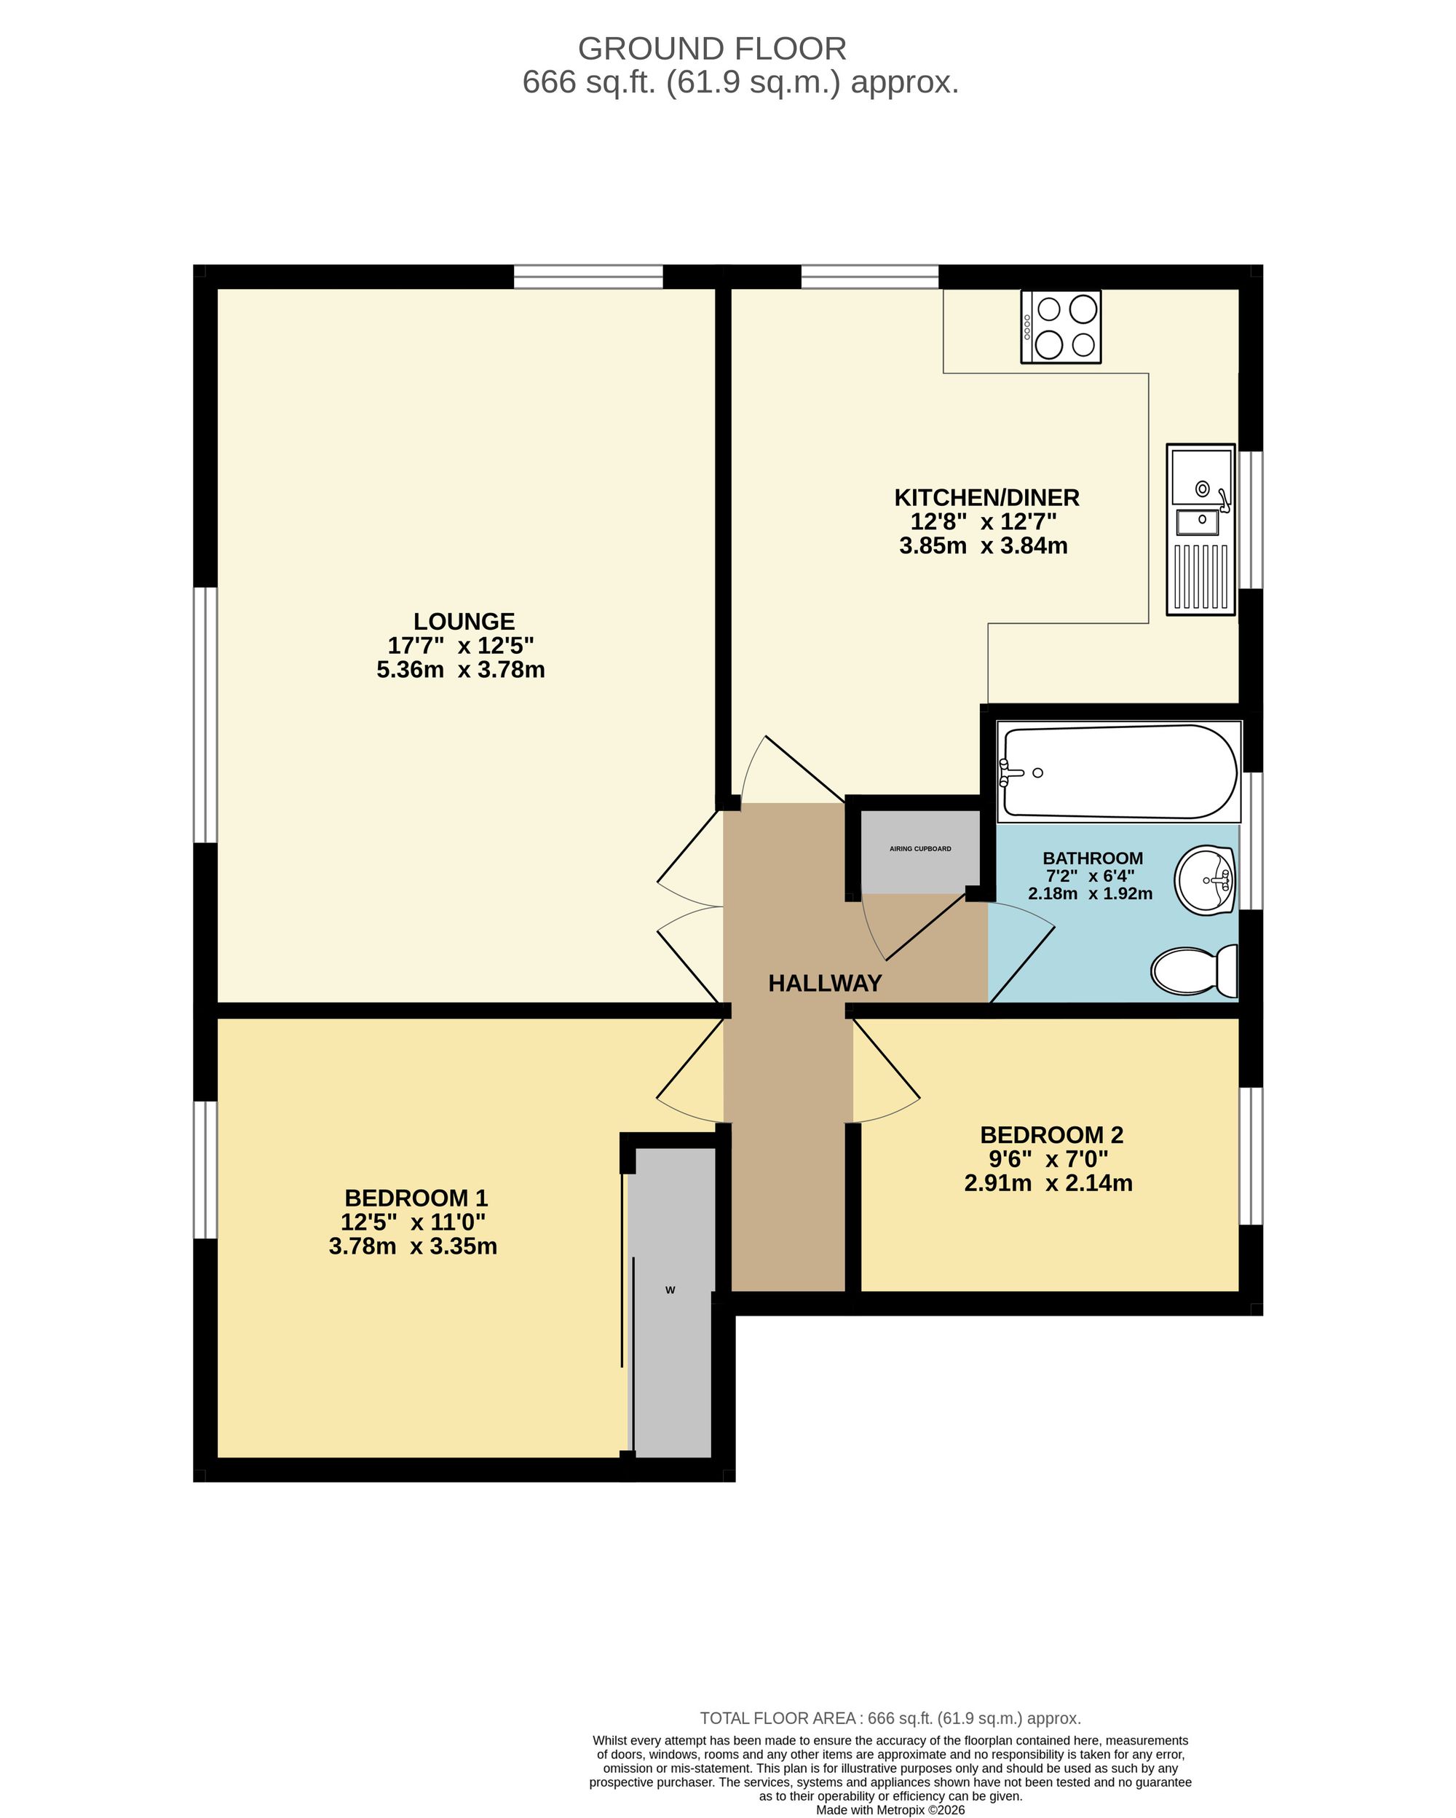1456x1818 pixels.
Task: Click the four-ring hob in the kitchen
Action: coord(1060,326)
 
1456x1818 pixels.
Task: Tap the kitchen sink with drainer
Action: coord(1200,529)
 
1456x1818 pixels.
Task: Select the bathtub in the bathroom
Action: coord(1119,771)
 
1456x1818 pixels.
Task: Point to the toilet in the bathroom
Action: coord(1195,971)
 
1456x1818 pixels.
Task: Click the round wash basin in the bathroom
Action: coord(1205,880)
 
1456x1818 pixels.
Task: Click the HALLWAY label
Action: coord(825,983)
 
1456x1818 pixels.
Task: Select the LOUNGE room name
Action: coord(464,622)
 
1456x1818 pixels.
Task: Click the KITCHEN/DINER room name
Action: coord(986,497)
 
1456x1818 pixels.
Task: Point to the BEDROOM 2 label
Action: coord(1051,1135)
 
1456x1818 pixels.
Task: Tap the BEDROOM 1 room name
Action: coord(416,1198)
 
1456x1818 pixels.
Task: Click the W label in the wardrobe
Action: coord(670,1290)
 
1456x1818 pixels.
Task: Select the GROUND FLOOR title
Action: coord(713,49)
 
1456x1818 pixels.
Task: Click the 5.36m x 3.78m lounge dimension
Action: coord(460,670)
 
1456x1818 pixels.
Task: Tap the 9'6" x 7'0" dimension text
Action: coord(1048,1159)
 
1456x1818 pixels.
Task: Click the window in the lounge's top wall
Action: coord(588,277)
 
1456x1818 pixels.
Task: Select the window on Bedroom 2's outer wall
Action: coord(1251,1156)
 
